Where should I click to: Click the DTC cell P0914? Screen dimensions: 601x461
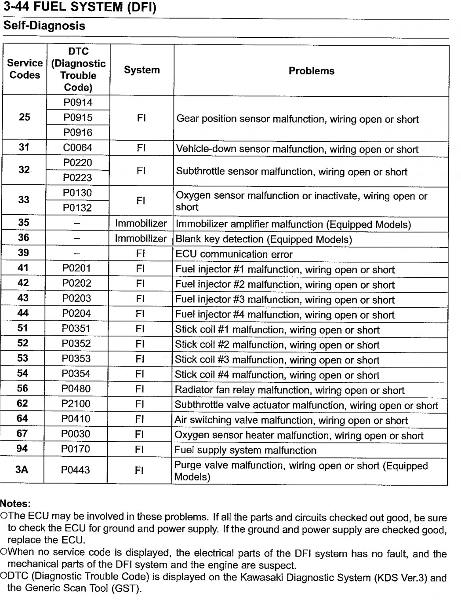[x=78, y=103]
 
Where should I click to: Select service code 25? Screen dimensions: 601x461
[x=25, y=117]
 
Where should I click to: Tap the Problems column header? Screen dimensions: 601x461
[x=311, y=71]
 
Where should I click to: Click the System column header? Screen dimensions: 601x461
[x=142, y=70]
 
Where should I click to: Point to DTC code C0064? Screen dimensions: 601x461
[x=77, y=147]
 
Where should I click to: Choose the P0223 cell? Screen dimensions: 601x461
[x=77, y=177]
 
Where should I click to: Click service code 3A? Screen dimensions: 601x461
[x=22, y=469]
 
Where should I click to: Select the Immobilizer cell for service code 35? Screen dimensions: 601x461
[x=141, y=224]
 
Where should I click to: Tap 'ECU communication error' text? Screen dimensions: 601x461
[x=234, y=254]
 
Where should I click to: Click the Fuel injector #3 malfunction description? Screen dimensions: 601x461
[x=285, y=300]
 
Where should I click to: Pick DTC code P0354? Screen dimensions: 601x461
[x=76, y=374]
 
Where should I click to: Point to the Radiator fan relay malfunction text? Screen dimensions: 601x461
[x=290, y=390]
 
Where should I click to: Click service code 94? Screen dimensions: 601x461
[x=22, y=448]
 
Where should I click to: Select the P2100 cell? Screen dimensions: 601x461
[x=76, y=403]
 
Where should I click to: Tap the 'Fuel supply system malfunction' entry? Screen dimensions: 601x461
[x=245, y=450]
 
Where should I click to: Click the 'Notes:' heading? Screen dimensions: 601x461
[x=15, y=503]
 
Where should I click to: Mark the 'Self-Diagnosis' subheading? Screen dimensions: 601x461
[x=44, y=26]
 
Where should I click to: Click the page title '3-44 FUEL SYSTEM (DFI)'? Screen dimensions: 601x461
[x=79, y=7]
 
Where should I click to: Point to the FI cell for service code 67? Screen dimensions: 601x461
[x=140, y=434]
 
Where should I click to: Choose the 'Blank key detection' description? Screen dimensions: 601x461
[x=264, y=239]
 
